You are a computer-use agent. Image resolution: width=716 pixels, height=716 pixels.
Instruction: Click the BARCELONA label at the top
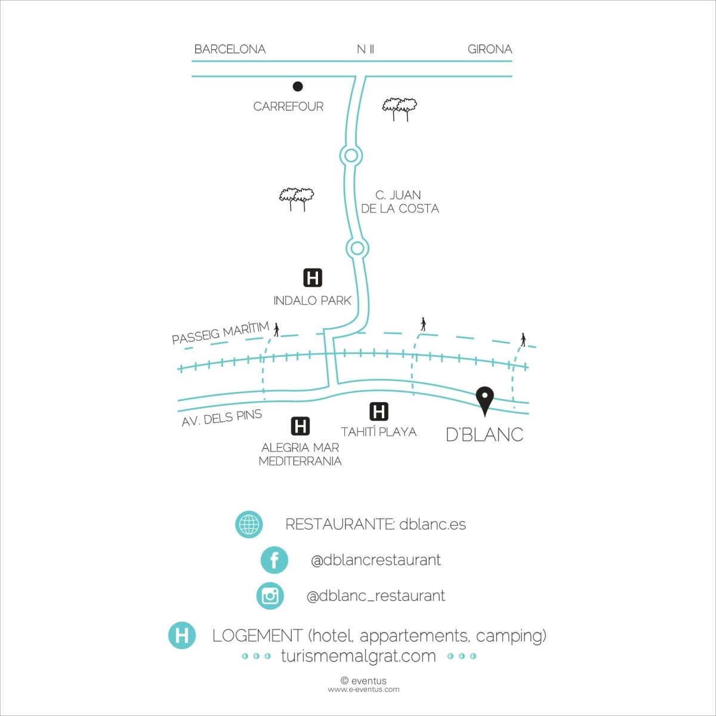click(230, 49)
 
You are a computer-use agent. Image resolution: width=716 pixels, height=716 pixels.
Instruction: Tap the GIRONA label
click(489, 49)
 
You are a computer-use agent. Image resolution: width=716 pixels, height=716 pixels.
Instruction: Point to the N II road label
click(365, 49)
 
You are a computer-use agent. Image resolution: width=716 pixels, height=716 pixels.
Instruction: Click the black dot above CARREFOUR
click(298, 87)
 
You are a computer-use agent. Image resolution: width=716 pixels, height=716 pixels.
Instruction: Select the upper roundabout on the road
click(351, 156)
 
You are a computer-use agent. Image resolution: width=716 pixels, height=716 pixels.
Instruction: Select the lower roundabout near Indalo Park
click(357, 248)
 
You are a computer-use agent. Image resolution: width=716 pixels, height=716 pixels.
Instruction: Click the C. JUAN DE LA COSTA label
click(399, 202)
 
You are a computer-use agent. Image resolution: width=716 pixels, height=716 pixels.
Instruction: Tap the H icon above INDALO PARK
click(313, 277)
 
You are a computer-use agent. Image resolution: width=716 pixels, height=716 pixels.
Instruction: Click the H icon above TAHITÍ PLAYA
click(379, 411)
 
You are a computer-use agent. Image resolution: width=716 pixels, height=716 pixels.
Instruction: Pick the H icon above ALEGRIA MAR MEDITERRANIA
click(300, 426)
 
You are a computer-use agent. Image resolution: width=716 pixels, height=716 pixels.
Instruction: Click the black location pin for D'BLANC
click(484, 398)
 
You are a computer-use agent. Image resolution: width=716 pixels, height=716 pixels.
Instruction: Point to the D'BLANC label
click(484, 434)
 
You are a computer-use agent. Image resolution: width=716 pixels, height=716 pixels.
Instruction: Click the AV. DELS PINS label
click(222, 417)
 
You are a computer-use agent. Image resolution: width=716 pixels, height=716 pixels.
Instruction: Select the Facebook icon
click(274, 560)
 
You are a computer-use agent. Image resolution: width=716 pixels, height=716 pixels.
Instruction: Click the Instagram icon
click(270, 595)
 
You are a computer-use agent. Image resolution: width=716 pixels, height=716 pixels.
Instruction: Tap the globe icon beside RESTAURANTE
click(249, 525)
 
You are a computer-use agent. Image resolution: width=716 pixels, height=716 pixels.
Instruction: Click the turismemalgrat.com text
click(358, 656)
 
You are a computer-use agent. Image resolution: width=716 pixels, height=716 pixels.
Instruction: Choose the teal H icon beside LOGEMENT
click(182, 635)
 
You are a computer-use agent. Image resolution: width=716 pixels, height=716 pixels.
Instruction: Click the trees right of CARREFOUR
click(399, 108)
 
